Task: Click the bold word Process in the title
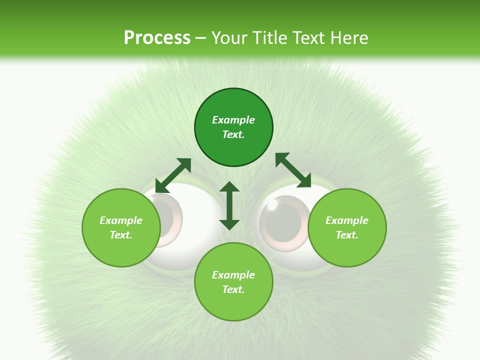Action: click(157, 38)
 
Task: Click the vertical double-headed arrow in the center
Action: click(229, 205)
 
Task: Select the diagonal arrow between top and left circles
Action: click(173, 175)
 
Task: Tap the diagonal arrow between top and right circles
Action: click(293, 170)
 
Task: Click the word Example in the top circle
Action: click(233, 120)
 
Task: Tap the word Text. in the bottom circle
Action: click(233, 289)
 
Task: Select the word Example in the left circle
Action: click(121, 220)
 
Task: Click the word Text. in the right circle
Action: click(347, 235)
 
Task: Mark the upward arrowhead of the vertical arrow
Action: click(229, 187)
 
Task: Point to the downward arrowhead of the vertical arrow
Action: click(229, 224)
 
